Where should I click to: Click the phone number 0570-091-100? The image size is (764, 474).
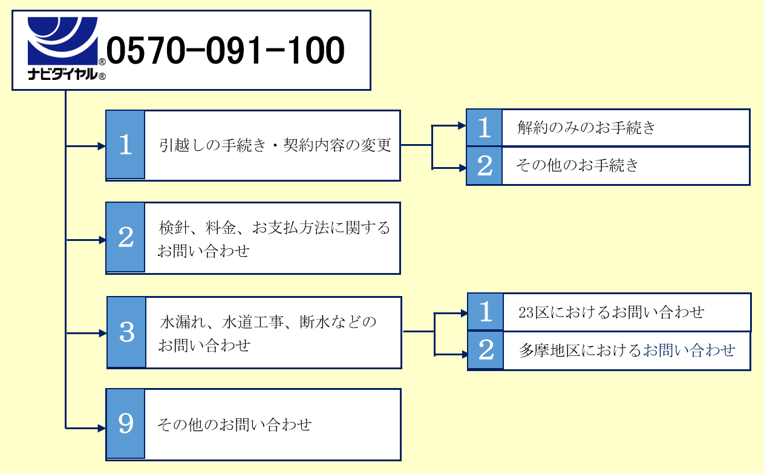point(225,51)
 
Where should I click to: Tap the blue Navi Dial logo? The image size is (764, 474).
point(63,41)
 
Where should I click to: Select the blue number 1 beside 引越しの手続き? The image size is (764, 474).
point(125,145)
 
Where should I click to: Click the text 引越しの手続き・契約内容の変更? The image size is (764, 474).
point(275,146)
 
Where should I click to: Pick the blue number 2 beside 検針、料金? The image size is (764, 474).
point(125,237)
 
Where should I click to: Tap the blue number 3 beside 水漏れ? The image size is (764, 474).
point(126,332)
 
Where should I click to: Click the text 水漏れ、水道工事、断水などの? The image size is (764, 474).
point(268,322)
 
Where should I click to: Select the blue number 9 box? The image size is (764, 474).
point(125,424)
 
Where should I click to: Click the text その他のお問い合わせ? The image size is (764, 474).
point(234,424)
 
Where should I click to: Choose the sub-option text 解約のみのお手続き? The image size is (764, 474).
point(586,128)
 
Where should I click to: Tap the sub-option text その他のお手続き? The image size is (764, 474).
point(577,165)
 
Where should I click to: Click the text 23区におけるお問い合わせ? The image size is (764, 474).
point(612,312)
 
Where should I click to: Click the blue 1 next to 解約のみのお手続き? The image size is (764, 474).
point(484,128)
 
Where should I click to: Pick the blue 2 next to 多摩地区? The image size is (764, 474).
point(486,351)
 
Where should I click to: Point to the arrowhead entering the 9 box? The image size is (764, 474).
point(102,429)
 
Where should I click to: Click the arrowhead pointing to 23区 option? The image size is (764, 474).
point(463,313)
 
